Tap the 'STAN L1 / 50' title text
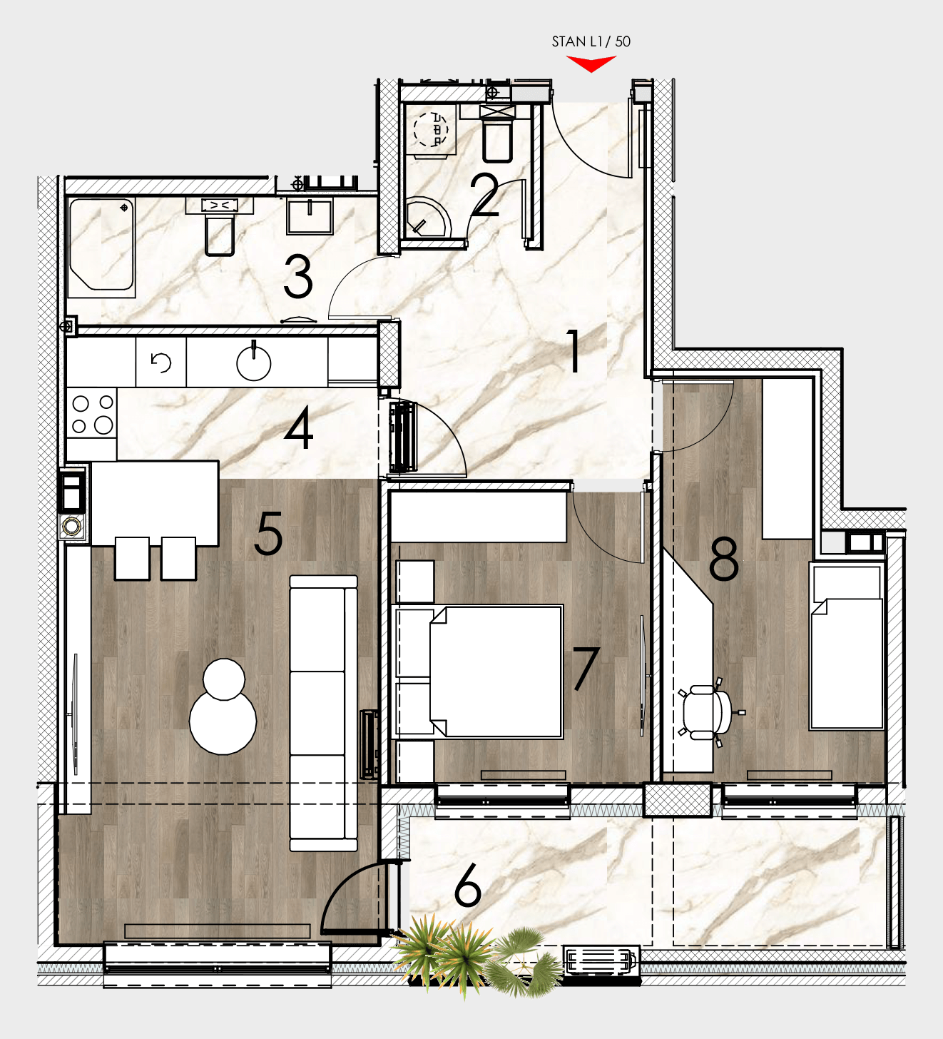pyautogui.click(x=591, y=41)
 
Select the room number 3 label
pyautogui.click(x=298, y=277)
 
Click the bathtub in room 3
pyautogui.click(x=101, y=246)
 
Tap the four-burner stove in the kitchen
pyautogui.click(x=91, y=414)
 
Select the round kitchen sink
pyautogui.click(x=254, y=363)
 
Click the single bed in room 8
pyautogui.click(x=847, y=647)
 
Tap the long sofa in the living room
pyautogui.click(x=323, y=713)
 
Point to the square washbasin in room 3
pyautogui.click(x=310, y=217)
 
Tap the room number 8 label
pyautogui.click(x=723, y=559)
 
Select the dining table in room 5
pyautogui.click(x=154, y=503)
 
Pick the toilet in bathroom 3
pyautogui.click(x=220, y=226)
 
